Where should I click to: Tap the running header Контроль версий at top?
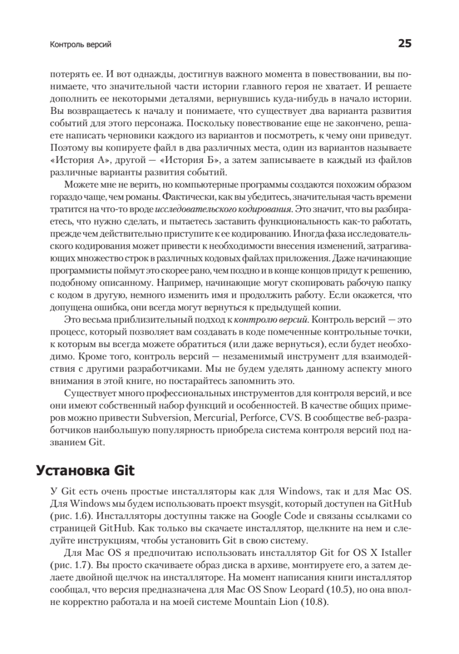click(80, 45)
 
